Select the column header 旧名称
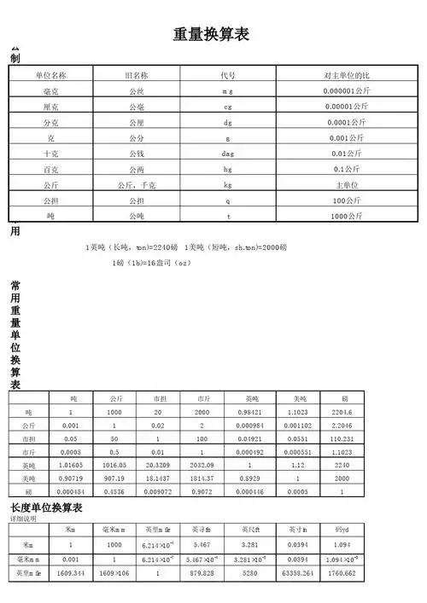[137, 75]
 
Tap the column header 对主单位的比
[346, 75]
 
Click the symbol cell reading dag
[228, 154]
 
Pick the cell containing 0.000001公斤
[346, 90]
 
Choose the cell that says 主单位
[346, 185]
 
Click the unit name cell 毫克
[51, 90]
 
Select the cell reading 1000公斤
[346, 217]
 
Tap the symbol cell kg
[228, 185]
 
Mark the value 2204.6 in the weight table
[343, 412]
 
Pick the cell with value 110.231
[343, 438]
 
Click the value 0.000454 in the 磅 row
[73, 492]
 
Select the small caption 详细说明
[23, 519]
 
